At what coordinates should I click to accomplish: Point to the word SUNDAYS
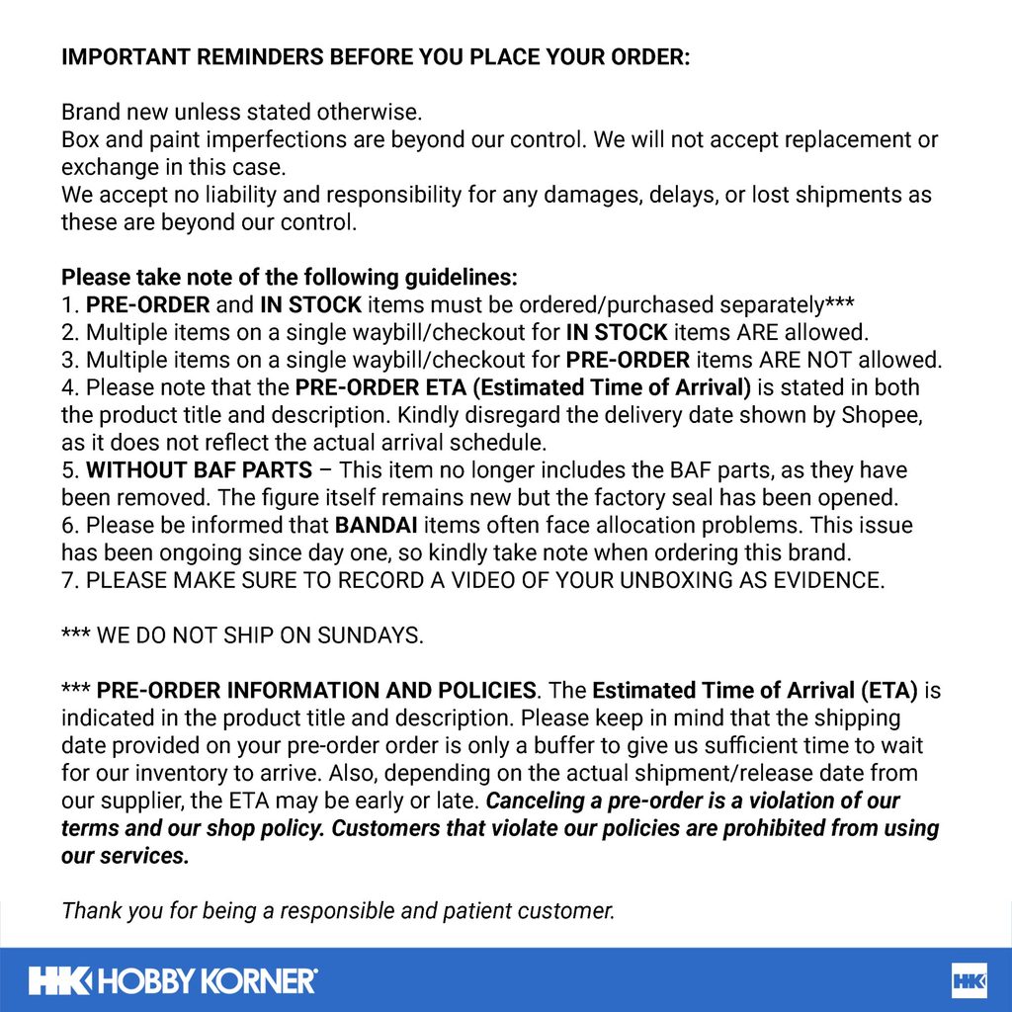(x=370, y=635)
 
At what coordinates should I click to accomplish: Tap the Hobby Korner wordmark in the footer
(x=173, y=981)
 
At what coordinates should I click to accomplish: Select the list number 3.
(x=68, y=359)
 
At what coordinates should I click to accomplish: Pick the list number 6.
(x=68, y=525)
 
